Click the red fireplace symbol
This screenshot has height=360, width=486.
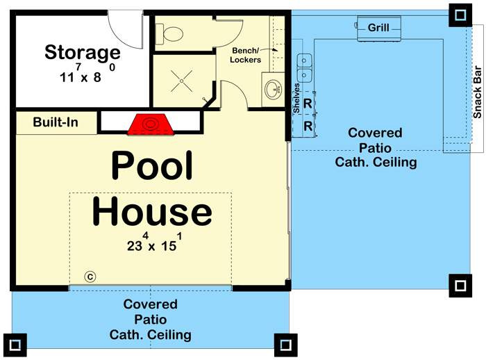tap(151, 124)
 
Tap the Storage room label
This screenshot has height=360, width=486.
tap(83, 52)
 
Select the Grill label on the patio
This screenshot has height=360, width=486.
tap(378, 28)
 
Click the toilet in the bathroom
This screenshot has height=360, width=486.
tap(169, 33)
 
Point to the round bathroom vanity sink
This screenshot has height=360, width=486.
tap(273, 90)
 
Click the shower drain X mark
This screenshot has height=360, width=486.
tap(182, 81)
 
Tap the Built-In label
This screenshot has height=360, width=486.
tap(56, 122)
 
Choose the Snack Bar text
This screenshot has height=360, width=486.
tap(478, 92)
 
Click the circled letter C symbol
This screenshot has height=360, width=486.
tap(90, 277)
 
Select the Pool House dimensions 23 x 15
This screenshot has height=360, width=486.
tap(154, 243)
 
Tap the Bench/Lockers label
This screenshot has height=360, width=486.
tap(246, 55)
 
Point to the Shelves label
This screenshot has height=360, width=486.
tap(296, 98)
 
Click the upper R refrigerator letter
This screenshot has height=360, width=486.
tap(308, 104)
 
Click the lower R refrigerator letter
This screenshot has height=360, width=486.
tap(308, 126)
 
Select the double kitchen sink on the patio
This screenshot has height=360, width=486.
tap(304, 68)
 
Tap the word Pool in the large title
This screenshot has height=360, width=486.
tap(152, 165)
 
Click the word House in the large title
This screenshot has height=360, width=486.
tap(152, 212)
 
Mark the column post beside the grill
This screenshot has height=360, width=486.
tap(460, 15)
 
